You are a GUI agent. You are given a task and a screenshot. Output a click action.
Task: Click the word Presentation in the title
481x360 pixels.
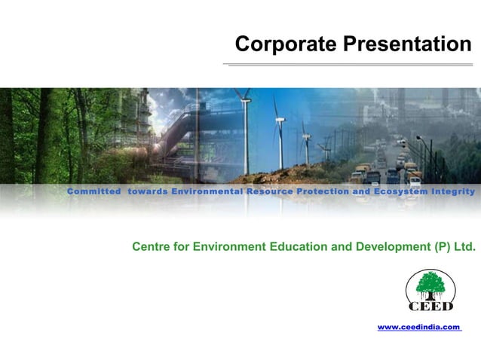click(x=406, y=45)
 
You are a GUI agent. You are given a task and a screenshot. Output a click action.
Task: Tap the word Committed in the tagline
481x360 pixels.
click(x=94, y=191)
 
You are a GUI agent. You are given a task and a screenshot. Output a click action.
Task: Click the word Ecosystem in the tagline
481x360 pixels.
click(x=400, y=191)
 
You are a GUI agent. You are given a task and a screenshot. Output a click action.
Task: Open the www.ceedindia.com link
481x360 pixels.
click(x=418, y=327)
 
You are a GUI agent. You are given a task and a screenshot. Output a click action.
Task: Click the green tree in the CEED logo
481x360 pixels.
click(x=430, y=285)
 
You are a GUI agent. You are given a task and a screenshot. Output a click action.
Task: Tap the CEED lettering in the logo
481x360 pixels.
click(x=430, y=306)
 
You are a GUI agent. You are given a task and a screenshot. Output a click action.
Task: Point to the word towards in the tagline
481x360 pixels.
click(x=148, y=191)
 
